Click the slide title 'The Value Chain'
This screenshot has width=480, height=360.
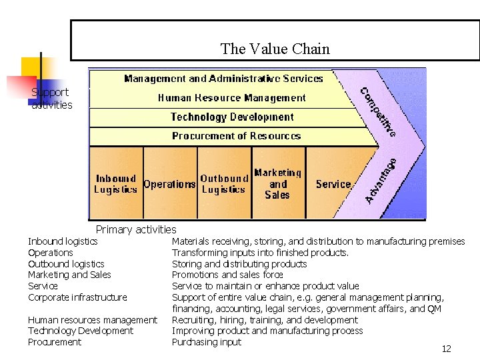(x=275, y=49)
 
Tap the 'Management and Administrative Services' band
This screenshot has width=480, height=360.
(x=223, y=79)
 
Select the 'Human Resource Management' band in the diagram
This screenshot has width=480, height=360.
(x=231, y=98)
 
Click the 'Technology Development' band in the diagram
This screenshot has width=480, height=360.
(x=232, y=117)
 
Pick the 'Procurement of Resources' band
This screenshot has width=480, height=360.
(x=236, y=136)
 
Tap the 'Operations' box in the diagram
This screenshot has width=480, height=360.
(x=170, y=184)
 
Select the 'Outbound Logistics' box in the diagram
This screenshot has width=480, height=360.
(x=224, y=184)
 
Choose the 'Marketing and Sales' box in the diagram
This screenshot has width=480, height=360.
(x=277, y=183)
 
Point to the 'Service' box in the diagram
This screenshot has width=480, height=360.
(x=333, y=184)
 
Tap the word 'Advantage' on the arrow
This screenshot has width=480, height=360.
(x=382, y=180)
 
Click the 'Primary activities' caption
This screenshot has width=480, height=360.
(x=136, y=229)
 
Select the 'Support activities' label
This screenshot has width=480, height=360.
(x=51, y=99)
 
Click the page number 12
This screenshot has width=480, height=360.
(x=446, y=349)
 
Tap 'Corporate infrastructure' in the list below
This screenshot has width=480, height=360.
(x=77, y=297)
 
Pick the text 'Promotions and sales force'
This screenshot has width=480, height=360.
(x=227, y=275)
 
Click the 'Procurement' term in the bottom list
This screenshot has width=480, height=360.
(x=55, y=342)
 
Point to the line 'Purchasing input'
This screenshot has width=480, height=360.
(x=207, y=342)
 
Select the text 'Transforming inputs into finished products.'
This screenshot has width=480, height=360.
(x=260, y=253)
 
